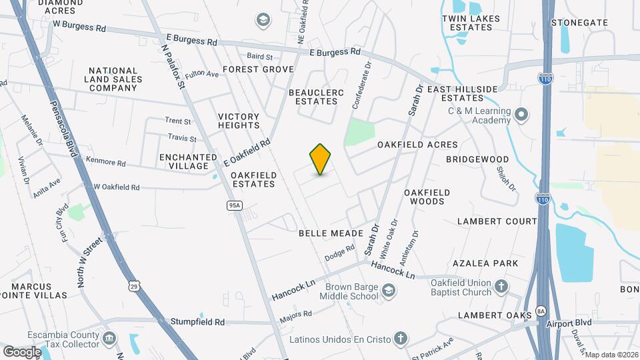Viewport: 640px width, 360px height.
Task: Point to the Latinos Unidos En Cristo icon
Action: coord(400,339)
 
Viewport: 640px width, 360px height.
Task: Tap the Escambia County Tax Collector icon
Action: coord(108,339)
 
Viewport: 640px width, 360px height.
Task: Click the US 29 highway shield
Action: coord(134,286)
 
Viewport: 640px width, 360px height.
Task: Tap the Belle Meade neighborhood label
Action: coord(331,233)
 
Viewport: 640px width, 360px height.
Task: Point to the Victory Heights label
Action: coord(239,121)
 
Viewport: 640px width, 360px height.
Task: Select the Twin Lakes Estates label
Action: coord(466,23)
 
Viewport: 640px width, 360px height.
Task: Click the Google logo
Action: coord(22,351)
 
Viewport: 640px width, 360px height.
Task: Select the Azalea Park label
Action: coord(485,263)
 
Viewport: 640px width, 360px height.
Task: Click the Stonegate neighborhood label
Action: coord(580,22)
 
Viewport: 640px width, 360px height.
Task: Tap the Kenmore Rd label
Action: coord(105,162)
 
